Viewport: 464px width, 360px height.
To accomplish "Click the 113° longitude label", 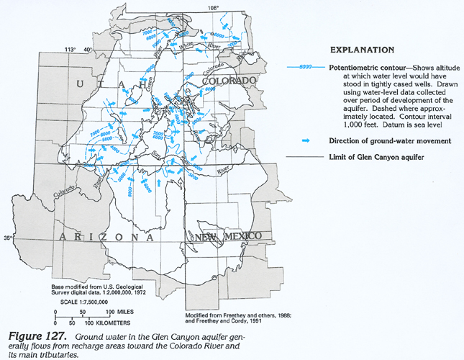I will pos(70,49).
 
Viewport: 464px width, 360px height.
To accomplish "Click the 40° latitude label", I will pos(88,49).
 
